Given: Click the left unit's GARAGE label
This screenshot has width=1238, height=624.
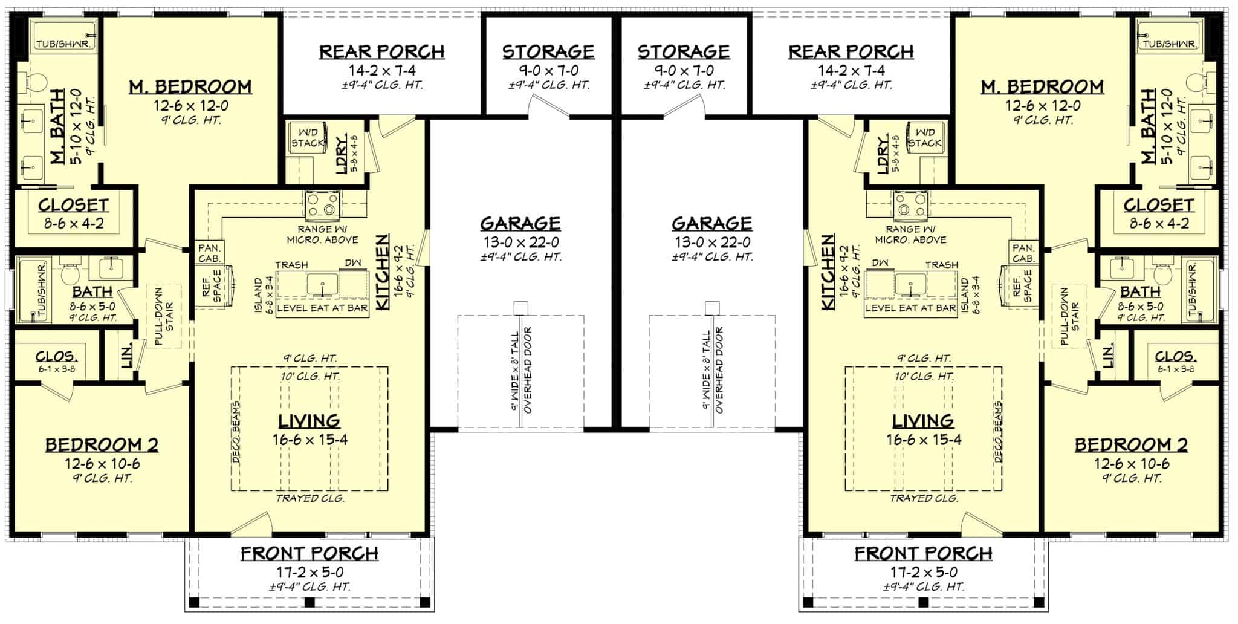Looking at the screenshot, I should coord(520,224).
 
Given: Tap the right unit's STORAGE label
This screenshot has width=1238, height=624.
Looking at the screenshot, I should coord(684,51).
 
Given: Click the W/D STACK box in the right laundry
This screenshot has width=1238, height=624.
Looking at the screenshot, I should coord(924,138).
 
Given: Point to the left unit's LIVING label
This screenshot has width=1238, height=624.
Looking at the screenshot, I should coord(309,421).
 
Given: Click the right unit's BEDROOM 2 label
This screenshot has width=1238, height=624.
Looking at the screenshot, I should coord(1130,446).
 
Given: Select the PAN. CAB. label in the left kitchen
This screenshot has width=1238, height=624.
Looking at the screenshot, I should coord(210,253).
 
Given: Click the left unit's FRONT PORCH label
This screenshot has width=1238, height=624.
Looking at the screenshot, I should coord(309,553).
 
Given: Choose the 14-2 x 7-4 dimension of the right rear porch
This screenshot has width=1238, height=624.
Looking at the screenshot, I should coord(851,70).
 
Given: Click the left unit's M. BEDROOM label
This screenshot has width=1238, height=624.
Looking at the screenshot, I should coord(190,86).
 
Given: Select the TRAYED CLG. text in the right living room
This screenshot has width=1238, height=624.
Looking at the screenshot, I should coord(924,499).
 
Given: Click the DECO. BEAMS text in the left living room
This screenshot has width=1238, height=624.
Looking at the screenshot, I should coord(236,432).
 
